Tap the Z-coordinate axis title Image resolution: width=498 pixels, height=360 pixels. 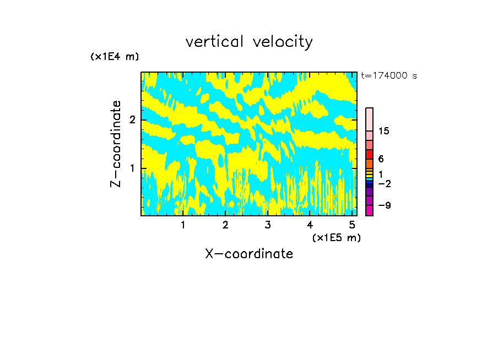coord(116,144)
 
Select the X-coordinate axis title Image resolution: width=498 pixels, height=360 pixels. coord(249,254)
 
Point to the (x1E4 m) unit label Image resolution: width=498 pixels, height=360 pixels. coord(115,57)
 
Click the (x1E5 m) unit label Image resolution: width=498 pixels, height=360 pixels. coord(336,237)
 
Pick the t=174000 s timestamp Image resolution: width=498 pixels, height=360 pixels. coord(389,76)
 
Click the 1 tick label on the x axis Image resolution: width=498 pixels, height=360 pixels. coord(183,225)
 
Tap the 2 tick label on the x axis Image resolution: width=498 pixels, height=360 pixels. coord(225,225)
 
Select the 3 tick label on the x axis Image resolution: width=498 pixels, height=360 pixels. coord(268,225)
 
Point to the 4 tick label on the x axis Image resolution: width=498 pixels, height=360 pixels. coord(310,225)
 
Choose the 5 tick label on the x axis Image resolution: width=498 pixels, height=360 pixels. coord(353,225)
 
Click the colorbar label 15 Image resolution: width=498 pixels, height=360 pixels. coord(384,131)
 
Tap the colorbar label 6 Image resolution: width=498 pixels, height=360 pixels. coord(381,159)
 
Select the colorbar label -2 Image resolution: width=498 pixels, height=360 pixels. coord(384,183)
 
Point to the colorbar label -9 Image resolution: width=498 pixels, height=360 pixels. coord(384,205)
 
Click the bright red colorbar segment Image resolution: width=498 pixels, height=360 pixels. coord(369,154)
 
